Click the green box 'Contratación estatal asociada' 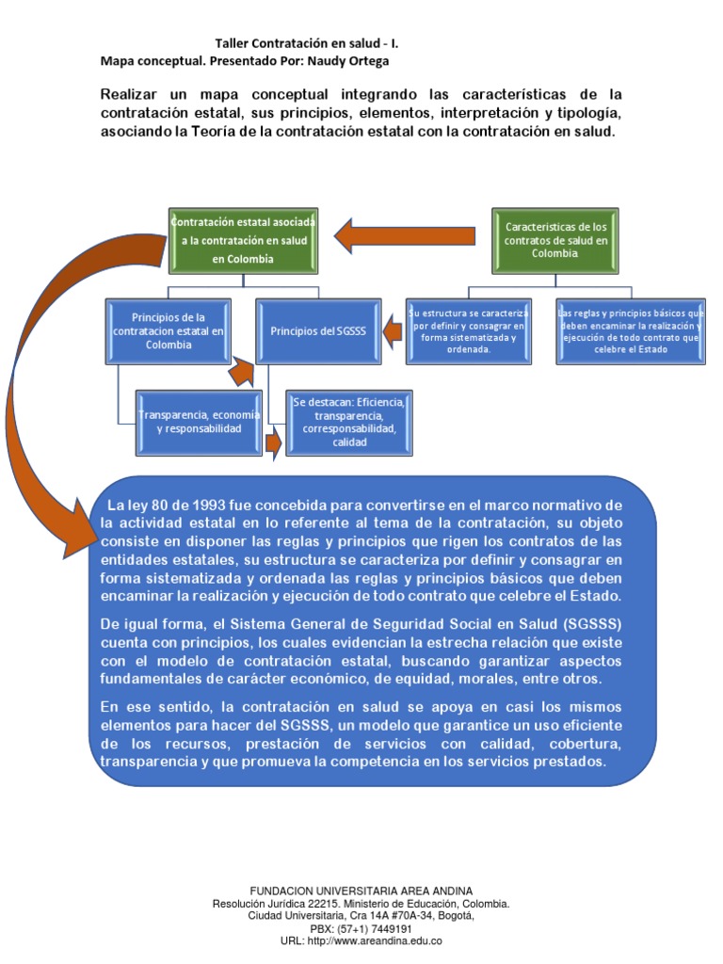click(243, 240)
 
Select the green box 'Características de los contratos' click(555, 240)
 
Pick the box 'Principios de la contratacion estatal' click(166, 330)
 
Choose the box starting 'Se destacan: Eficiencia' click(348, 423)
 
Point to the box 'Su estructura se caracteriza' click(468, 330)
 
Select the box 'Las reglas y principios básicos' click(629, 330)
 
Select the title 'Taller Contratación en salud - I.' click(313, 44)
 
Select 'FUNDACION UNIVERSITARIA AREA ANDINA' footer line click(361, 891)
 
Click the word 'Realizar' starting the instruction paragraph click(133, 96)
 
